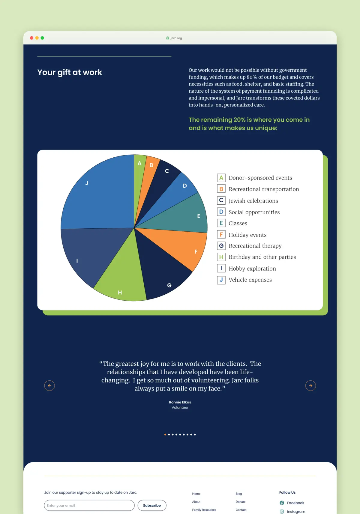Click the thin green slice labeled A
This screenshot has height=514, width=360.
pyautogui.click(x=139, y=174)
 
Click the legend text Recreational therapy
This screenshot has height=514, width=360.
pyautogui.click(x=255, y=246)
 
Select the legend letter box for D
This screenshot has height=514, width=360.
pyautogui.click(x=221, y=212)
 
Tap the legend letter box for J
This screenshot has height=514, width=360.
pyautogui.click(x=221, y=280)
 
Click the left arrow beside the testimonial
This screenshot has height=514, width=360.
pyautogui.click(x=49, y=386)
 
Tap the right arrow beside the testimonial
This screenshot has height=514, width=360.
pyautogui.click(x=310, y=386)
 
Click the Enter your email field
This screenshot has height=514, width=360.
pyautogui.click(x=89, y=505)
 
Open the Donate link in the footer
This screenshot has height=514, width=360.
pyautogui.click(x=240, y=502)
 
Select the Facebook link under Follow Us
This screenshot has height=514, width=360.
pyautogui.click(x=292, y=503)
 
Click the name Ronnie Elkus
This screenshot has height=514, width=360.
pyautogui.click(x=180, y=402)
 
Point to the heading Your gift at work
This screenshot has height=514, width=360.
pyautogui.click(x=70, y=73)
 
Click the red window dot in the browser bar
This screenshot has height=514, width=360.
pyautogui.click(x=31, y=38)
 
